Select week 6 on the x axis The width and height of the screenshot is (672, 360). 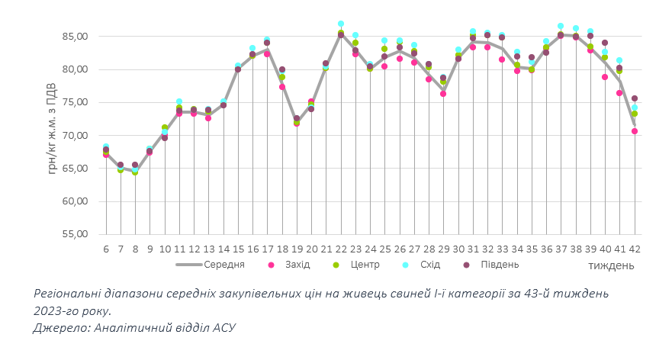tap(106, 249)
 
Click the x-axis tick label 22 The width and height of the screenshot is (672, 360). tap(341, 249)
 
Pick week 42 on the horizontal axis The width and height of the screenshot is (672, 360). tap(634, 249)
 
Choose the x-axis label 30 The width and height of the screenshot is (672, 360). tap(458, 249)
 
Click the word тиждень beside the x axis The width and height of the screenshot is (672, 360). tap(611, 265)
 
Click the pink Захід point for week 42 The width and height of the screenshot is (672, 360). tap(634, 131)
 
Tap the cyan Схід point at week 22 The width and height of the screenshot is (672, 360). tap(341, 24)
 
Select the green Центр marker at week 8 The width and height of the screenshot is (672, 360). tap(135, 172)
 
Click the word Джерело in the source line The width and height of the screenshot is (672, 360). tap(60, 327)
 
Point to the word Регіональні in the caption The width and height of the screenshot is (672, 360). tap(69, 294)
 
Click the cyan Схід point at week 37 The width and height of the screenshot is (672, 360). tap(561, 27)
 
